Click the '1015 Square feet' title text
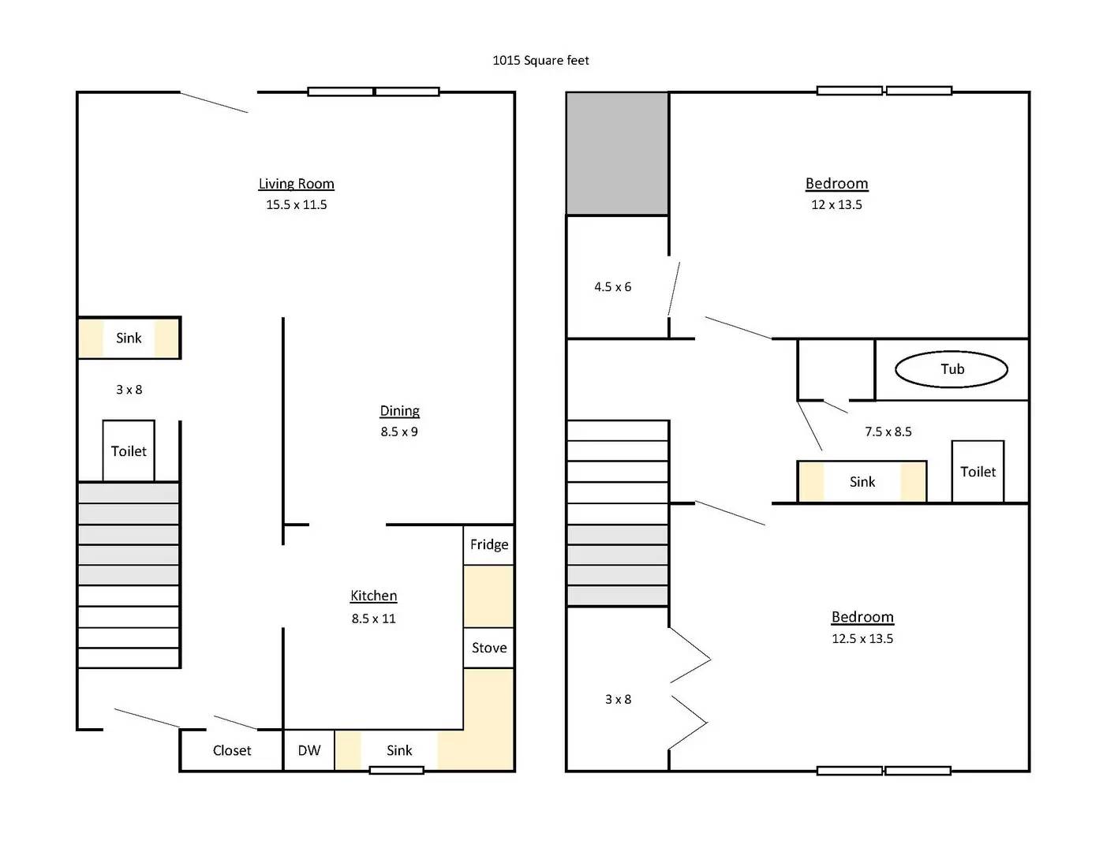point(540,61)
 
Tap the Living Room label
point(297,183)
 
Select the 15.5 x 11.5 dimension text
point(297,204)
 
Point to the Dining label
point(399,410)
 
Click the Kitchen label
point(374,596)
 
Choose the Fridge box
point(489,544)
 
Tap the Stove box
point(489,648)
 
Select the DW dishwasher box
point(309,750)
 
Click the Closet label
point(232,750)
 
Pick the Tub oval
point(952,369)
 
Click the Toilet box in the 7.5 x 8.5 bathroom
point(978,472)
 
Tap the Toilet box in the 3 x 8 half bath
point(129,450)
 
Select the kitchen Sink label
point(399,750)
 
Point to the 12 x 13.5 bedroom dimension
point(836,204)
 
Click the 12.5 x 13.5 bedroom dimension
point(862,638)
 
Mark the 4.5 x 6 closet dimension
point(613,286)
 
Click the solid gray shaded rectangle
point(617,154)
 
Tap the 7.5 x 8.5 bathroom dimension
point(888,432)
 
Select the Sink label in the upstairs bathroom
point(862,481)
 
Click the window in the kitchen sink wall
point(396,770)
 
